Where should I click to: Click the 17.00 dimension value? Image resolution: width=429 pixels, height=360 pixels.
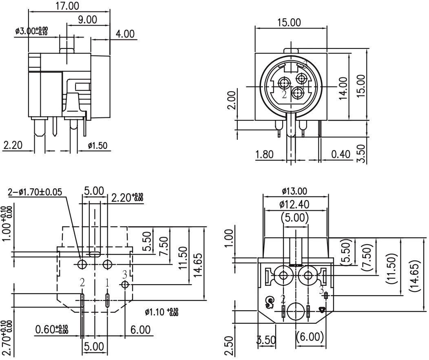[x=68, y=6]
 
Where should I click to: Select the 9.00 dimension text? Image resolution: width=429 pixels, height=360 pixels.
[x=88, y=19]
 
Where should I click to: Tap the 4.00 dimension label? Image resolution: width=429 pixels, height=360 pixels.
[x=124, y=33]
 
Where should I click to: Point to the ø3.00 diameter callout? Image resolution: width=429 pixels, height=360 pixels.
[x=31, y=31]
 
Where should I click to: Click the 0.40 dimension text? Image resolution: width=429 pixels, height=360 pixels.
[x=341, y=155]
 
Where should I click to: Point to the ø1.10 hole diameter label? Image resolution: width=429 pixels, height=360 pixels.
[x=162, y=312]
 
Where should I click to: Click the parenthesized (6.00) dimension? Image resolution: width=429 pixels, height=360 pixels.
[x=310, y=337]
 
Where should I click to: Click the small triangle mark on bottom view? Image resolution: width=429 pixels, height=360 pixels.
[x=323, y=310]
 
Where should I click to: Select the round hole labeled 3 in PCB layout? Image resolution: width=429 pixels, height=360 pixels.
[x=125, y=284]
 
